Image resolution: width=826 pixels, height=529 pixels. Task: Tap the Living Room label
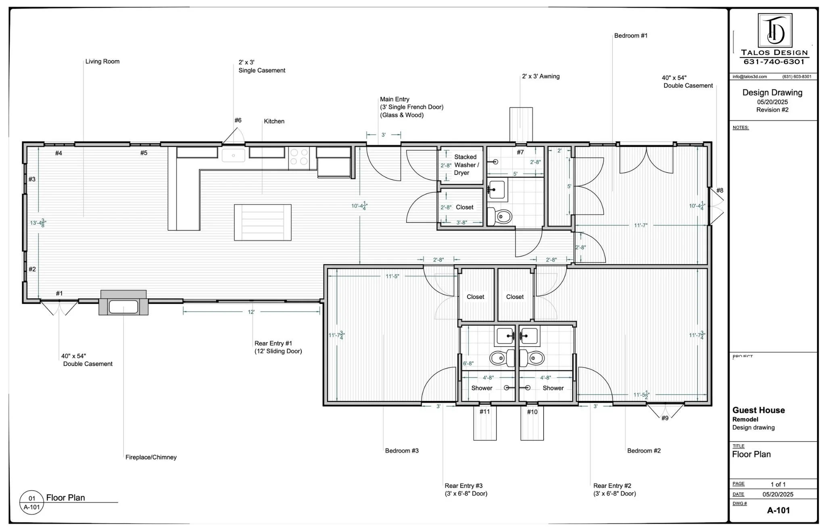click(102, 62)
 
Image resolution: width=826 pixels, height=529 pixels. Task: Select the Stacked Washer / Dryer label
click(466, 165)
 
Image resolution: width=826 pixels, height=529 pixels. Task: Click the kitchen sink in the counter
click(233, 155)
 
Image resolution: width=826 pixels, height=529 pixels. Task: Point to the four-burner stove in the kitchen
click(299, 157)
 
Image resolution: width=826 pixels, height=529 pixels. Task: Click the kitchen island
click(263, 222)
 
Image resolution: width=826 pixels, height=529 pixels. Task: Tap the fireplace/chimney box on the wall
click(123, 303)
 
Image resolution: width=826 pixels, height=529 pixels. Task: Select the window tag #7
click(520, 152)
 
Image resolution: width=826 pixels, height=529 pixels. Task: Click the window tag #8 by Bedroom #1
click(720, 191)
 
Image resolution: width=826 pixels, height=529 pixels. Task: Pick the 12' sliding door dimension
click(251, 312)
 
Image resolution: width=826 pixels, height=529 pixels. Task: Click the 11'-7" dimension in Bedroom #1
click(640, 226)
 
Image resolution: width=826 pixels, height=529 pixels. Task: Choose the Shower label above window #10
click(553, 388)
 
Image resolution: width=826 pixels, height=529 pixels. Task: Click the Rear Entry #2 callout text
click(614, 490)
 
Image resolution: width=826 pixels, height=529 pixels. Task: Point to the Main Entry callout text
click(411, 107)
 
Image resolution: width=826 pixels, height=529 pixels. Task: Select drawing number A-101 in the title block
click(778, 510)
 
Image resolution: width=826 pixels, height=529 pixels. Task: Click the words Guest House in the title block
click(758, 410)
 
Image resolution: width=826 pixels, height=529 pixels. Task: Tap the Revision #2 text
click(772, 110)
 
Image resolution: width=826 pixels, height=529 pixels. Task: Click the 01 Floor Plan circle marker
click(31, 502)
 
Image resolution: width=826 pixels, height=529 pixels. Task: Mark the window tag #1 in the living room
click(59, 293)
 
